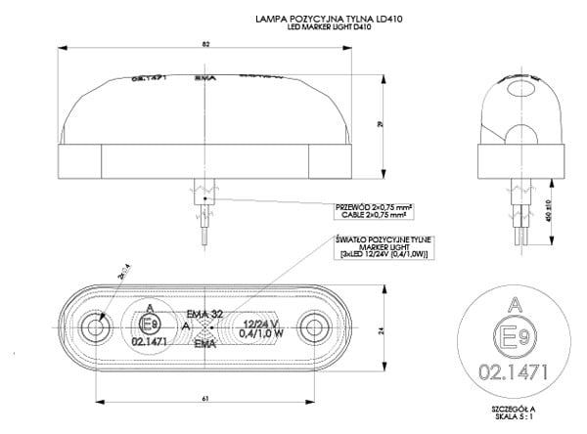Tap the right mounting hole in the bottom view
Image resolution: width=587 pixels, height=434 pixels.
313,325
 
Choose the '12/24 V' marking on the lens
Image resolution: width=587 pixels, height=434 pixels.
262,322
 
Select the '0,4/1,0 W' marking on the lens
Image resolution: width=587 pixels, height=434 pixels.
262,333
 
